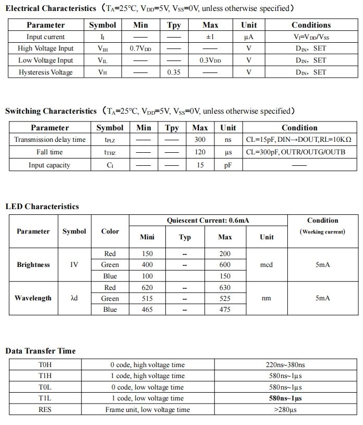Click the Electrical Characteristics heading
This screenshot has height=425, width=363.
[51, 8]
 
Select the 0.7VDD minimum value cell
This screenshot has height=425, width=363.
[140, 48]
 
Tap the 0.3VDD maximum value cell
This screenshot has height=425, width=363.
[210, 60]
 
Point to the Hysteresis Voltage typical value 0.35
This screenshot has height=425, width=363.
[174, 72]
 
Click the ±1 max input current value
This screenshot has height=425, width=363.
[210, 37]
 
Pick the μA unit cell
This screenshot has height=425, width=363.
[249, 37]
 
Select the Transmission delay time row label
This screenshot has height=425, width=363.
[50, 140]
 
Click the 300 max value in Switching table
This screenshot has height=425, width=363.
[200, 140]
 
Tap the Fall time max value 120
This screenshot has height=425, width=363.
[200, 152]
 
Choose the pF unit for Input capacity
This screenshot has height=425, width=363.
[228, 165]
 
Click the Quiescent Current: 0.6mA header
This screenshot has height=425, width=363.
[208, 221]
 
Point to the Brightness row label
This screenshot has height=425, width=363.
[33, 265]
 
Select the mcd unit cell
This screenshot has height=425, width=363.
[267, 265]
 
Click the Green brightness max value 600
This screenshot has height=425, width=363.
[225, 265]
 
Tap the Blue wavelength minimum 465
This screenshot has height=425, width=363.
[148, 310]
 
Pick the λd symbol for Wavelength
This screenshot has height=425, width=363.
[74, 298]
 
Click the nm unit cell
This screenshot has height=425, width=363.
[267, 298]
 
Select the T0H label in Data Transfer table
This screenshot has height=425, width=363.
[45, 365]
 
